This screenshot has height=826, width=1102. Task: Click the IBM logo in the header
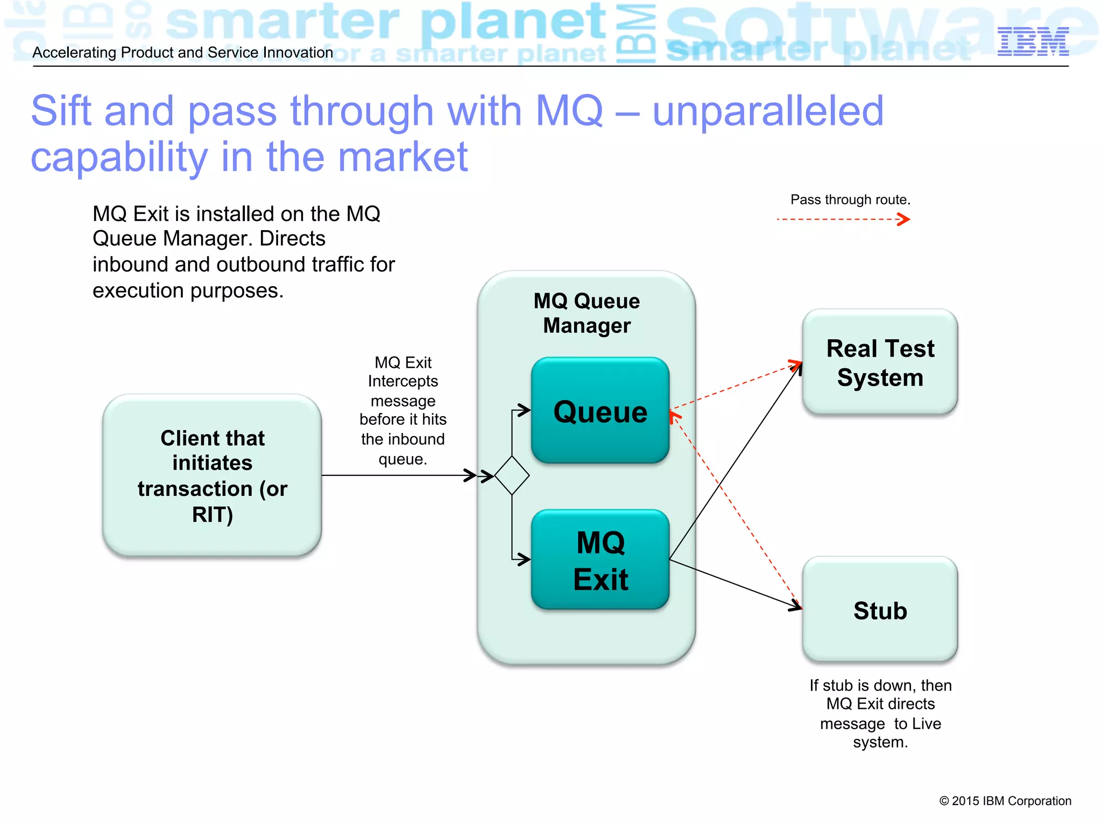coord(1033,41)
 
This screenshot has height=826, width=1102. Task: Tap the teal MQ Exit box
coord(600,560)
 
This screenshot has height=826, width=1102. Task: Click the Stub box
coord(880,610)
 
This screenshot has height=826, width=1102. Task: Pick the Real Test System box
coord(880,362)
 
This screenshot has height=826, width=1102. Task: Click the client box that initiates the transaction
coord(212,475)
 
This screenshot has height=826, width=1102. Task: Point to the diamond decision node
coord(512,475)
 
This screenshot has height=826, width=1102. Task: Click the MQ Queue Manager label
coord(587,313)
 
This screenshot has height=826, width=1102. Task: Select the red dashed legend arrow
coord(843,219)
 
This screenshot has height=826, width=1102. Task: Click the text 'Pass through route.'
coord(850,200)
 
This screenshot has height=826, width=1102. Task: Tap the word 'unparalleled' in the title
coord(768,111)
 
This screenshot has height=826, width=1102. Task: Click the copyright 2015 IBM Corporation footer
coord(1005,801)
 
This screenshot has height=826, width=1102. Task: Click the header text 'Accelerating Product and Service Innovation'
coord(183,53)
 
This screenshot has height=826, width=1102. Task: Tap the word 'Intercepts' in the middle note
coord(402,381)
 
